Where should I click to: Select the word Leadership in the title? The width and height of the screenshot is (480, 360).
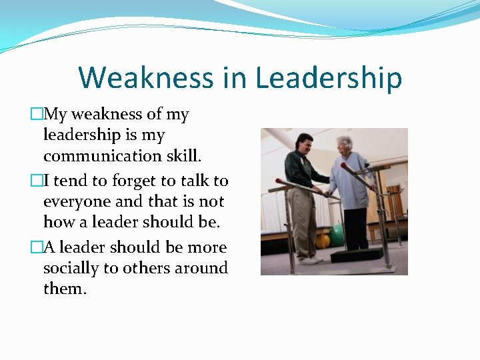coord(329,77)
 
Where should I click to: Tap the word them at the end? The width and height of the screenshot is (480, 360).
coord(64,288)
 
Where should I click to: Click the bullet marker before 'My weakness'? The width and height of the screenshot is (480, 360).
coord(37,115)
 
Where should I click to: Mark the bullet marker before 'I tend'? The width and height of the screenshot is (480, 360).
coord(37,181)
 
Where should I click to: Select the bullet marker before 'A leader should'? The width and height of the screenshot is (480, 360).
coord(37,247)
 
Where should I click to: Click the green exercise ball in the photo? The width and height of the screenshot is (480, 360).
coord(337,234)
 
